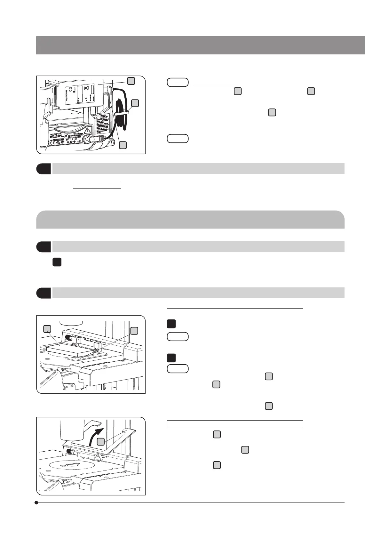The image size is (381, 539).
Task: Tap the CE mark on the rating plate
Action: coord(53,143)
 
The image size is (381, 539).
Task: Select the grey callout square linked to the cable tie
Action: coord(135,103)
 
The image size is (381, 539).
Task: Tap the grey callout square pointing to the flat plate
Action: coord(47,329)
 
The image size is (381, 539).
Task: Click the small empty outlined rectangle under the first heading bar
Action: coord(97,185)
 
